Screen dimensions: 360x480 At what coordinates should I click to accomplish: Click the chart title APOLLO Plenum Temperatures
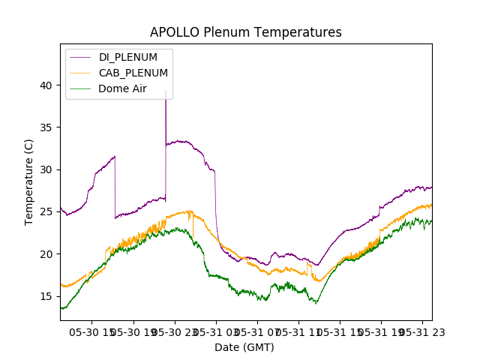(246, 32)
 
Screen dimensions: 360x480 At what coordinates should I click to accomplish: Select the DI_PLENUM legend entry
(128, 57)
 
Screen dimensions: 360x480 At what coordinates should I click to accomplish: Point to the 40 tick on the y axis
(46, 85)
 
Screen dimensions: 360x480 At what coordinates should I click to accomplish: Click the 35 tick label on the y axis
(46, 127)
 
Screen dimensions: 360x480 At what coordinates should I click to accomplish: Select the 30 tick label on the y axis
(46, 169)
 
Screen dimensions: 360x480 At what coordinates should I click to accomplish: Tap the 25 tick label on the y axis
(46, 212)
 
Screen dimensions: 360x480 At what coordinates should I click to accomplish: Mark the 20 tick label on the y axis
(46, 254)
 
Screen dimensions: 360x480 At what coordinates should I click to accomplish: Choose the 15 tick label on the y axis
(46, 296)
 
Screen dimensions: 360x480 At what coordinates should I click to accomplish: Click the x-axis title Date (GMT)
(244, 347)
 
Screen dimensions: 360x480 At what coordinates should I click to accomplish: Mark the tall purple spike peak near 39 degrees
(166, 91)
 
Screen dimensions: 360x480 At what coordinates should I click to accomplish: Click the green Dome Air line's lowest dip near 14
(316, 303)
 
